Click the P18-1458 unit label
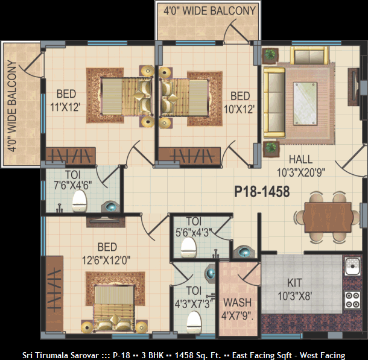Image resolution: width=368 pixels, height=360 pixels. coord(262,192)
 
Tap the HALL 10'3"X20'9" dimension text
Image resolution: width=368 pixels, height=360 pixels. coord(301,166)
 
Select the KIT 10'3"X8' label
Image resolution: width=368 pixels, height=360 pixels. coord(295,289)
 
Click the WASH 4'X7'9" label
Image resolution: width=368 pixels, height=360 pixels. coord(237,309)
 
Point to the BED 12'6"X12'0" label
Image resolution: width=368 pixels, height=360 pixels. coord(106,254)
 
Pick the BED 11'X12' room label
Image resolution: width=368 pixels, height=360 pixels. coord(66,101)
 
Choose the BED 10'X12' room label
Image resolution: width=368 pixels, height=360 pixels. coord(240,103)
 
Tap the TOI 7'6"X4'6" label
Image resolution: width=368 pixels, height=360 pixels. coord(73,180)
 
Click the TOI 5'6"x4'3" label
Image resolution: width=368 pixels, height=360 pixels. coord(194,227)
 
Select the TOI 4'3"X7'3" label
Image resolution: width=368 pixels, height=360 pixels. coord(194,297)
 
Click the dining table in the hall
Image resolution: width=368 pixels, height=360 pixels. coord(328,218)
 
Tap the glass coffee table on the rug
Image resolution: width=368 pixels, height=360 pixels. coord(305,104)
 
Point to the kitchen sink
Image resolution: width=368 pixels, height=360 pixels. coord(352,266)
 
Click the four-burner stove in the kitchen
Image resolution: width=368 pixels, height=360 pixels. coord(352,300)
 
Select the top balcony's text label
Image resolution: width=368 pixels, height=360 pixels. coord(209,11)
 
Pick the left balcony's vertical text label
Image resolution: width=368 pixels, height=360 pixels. coord(11,106)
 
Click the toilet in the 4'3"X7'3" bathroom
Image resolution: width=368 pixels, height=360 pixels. coord(194,322)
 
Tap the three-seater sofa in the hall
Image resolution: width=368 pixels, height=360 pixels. coord(274,103)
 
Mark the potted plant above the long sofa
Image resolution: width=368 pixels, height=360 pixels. coord(270,55)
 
